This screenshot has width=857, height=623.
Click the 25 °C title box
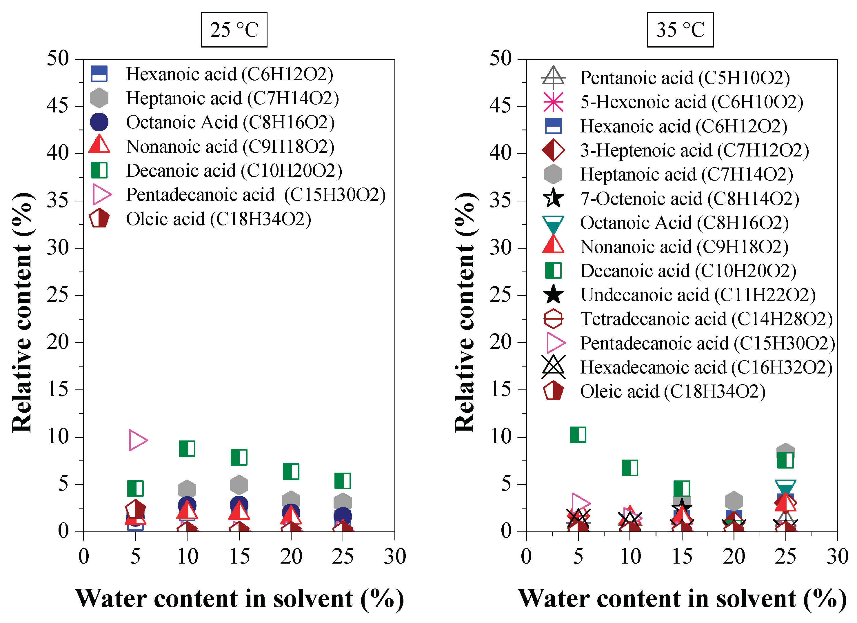(x=234, y=30)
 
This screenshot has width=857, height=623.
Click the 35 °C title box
(x=680, y=30)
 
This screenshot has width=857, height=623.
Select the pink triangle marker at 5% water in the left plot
(x=138, y=440)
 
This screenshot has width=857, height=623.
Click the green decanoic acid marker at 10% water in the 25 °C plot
(x=187, y=449)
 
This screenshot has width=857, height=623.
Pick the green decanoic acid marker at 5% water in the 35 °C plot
(x=578, y=434)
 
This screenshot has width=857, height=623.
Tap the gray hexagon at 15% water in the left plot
(x=239, y=485)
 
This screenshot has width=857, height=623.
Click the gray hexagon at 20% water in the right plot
(x=734, y=501)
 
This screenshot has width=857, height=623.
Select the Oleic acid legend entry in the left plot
(x=219, y=219)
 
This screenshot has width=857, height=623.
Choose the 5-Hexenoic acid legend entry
(x=692, y=102)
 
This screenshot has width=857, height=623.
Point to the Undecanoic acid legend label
(x=698, y=295)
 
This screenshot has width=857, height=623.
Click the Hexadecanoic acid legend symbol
(x=553, y=367)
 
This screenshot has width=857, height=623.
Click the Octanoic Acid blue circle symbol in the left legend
(x=99, y=122)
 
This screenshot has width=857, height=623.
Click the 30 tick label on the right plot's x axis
(x=837, y=557)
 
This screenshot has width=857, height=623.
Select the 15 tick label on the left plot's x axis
(x=239, y=557)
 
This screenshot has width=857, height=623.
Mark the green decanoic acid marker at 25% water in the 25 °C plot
(x=343, y=480)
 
